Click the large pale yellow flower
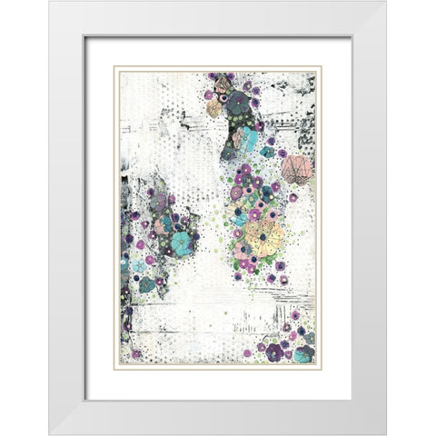point(264,236)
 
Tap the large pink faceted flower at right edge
point(296,169)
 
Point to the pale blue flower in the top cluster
point(244,139)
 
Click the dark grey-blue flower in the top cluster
point(239,103)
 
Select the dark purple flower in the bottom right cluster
point(274,351)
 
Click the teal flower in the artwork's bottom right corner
point(303,353)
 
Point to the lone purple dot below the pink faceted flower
point(293,197)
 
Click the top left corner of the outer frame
point(50,3)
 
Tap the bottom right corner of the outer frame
point(385,433)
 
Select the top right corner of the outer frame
point(385,3)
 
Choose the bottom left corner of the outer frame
point(50,433)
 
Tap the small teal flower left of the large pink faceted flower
point(267,153)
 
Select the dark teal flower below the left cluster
point(146,284)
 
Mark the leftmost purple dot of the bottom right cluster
point(246,352)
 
